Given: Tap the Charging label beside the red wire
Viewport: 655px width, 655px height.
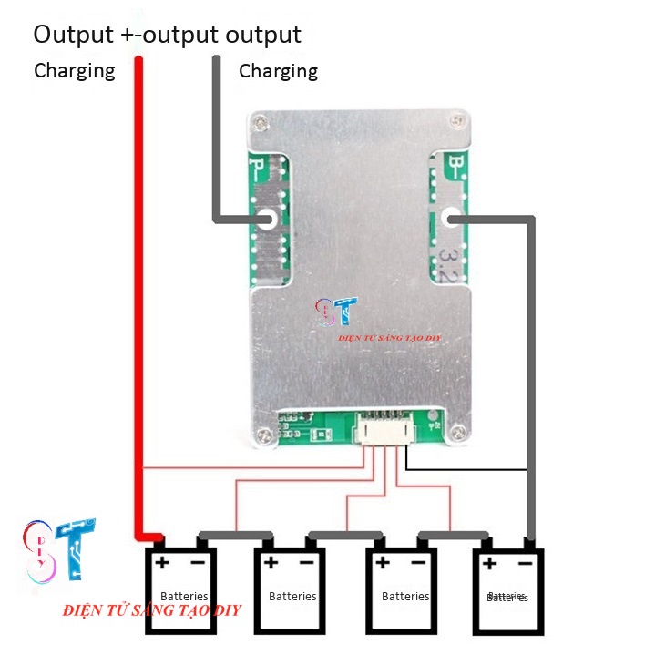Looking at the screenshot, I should pyautogui.click(x=75, y=70).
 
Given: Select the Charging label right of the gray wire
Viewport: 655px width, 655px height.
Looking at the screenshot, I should pyautogui.click(x=278, y=70).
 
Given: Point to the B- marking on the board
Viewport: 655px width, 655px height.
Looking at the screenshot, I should pyautogui.click(x=453, y=168).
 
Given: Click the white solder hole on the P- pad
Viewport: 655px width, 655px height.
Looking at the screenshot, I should pyautogui.click(x=268, y=219).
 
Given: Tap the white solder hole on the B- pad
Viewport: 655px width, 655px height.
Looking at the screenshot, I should pyautogui.click(x=449, y=218).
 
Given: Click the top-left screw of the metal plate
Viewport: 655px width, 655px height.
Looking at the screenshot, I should pyautogui.click(x=262, y=122).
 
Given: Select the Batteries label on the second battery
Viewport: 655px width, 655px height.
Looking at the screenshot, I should pyautogui.click(x=292, y=596).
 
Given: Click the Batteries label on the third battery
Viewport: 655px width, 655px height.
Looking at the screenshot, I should pyautogui.click(x=405, y=596).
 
